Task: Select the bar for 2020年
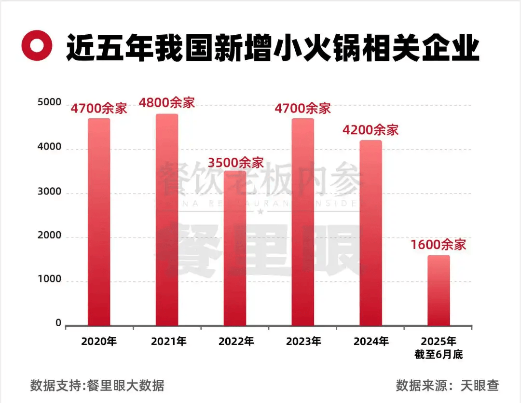click(99, 222)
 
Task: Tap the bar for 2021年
click(167, 220)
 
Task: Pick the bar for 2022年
click(235, 249)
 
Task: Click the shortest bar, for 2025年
click(439, 291)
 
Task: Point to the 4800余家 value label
click(167, 103)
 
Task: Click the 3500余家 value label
click(236, 161)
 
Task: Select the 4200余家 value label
click(370, 130)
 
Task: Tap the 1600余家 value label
click(439, 245)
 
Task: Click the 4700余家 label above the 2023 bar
click(302, 108)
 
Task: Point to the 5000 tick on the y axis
click(50, 103)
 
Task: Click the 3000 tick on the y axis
click(50, 192)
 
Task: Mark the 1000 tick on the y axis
click(50, 279)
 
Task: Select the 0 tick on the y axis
click(58, 323)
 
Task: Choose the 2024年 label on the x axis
click(370, 342)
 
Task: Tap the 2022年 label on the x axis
click(236, 342)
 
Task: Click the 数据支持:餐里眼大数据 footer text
click(97, 386)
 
